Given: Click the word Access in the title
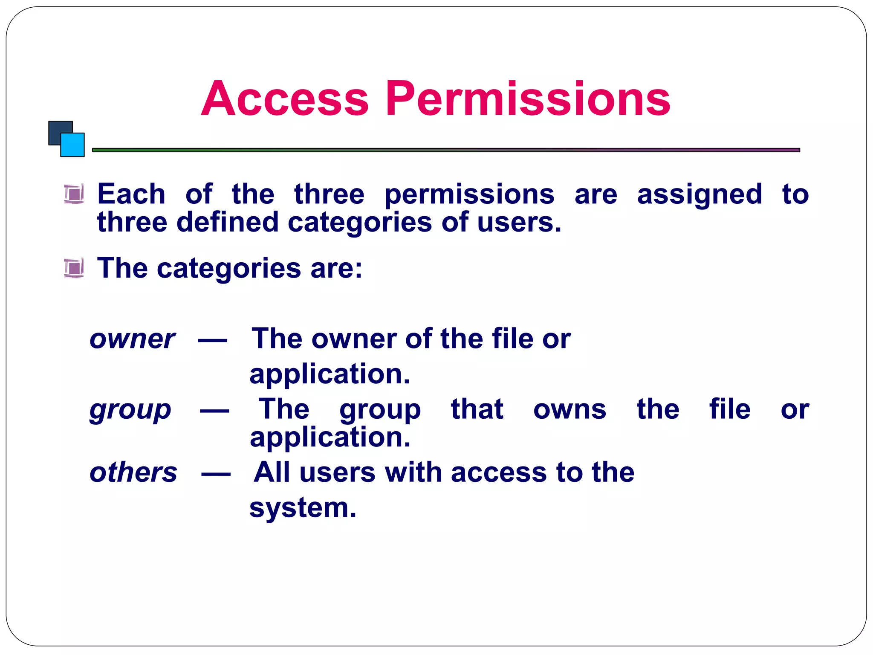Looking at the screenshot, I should [284, 99].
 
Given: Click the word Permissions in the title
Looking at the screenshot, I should [528, 99].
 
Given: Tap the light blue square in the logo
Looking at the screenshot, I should [73, 145].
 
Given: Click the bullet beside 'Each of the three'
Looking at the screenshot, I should [74, 194].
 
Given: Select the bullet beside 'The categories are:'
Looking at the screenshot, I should [74, 268].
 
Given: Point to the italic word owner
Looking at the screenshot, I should [132, 339].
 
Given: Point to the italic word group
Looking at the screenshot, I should [130, 410].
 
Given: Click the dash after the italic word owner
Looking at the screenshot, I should [212, 340].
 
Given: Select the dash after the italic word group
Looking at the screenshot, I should [214, 411].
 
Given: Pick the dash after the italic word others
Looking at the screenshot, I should [216, 473].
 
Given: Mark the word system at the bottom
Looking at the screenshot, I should [302, 508].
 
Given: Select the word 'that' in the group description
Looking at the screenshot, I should [477, 409].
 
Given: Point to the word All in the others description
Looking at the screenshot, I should [272, 472].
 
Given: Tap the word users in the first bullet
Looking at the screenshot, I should [518, 223].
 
